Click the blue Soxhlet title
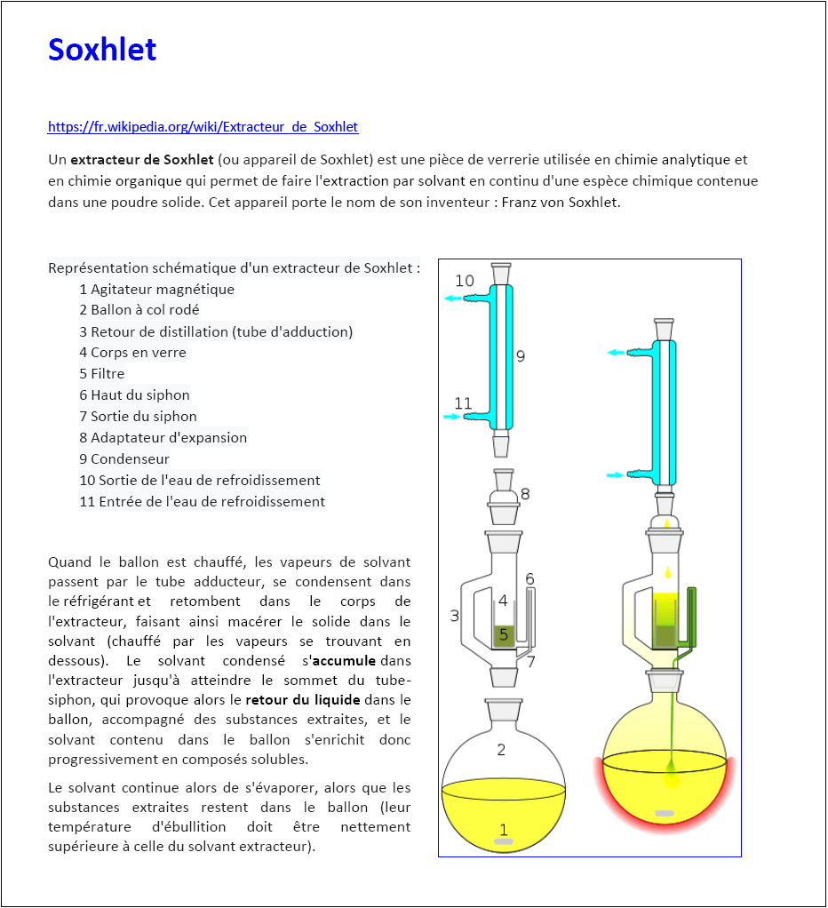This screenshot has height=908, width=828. (x=102, y=50)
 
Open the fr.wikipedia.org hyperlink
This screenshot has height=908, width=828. (x=203, y=127)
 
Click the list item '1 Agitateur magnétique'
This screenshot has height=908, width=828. (x=156, y=289)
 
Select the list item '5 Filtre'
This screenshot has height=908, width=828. (x=101, y=374)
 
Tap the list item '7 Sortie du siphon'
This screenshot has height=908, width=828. (x=138, y=417)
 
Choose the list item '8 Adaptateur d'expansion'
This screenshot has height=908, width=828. (x=163, y=438)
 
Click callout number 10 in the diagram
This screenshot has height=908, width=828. (x=465, y=281)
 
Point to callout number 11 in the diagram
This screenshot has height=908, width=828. (x=463, y=403)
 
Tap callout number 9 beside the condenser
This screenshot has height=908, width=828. (x=521, y=355)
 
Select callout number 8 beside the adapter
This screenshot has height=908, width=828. (x=525, y=494)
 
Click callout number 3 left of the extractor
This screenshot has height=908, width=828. (x=454, y=615)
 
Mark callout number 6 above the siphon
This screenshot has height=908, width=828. (x=529, y=579)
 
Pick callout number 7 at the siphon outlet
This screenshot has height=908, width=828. (x=529, y=662)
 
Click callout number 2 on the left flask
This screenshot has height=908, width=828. (x=501, y=750)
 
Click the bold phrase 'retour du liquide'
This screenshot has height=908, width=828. (x=302, y=700)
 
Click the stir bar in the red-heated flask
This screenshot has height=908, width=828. (x=664, y=813)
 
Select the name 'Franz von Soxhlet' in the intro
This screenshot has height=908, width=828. (x=560, y=202)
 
